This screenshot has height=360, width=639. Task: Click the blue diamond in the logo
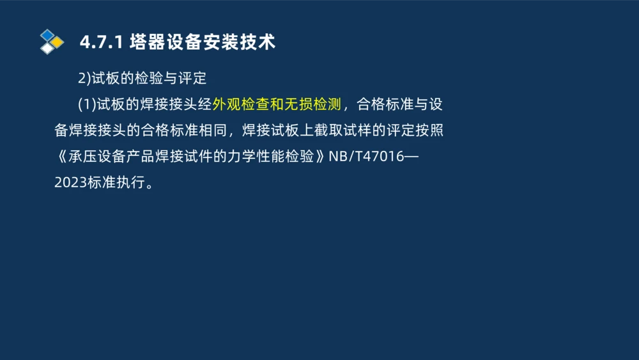click(47, 35)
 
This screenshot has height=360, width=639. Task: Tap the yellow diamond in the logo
click(58, 42)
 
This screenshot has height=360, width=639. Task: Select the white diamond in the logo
click(47, 49)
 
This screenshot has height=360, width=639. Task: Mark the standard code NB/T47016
click(366, 157)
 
